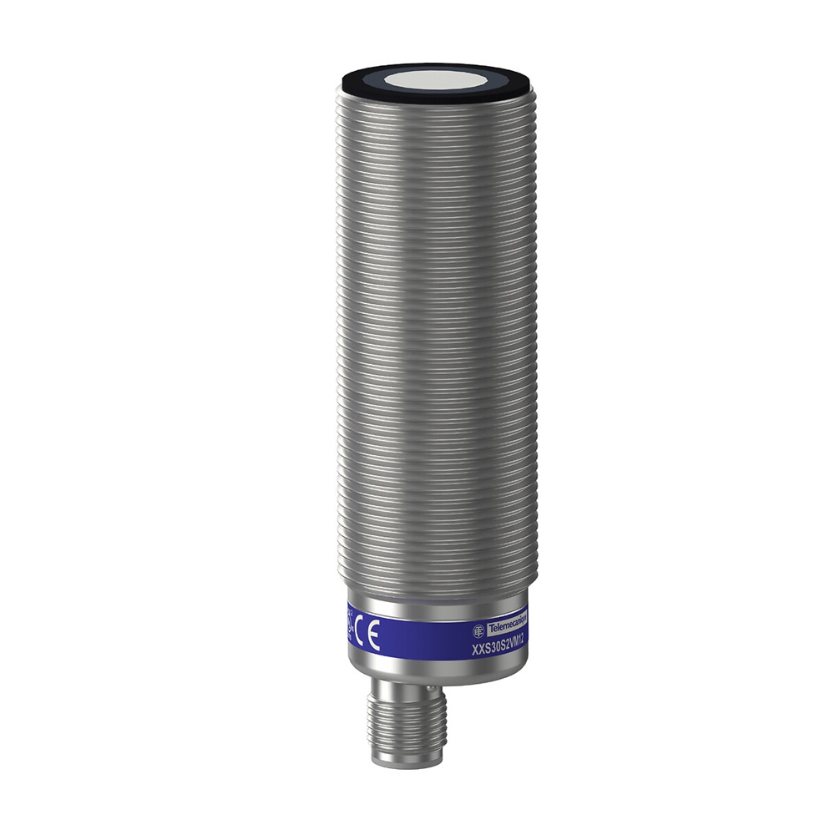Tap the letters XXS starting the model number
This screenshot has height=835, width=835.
(480, 649)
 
